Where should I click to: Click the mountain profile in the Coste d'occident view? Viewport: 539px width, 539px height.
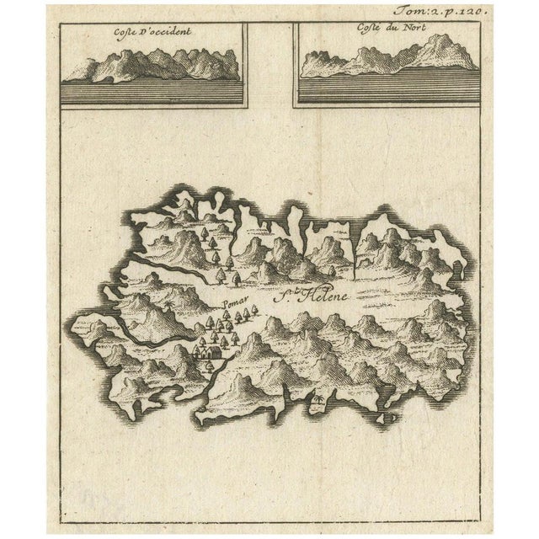152,63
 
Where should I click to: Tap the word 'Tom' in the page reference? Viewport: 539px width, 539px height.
419,12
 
